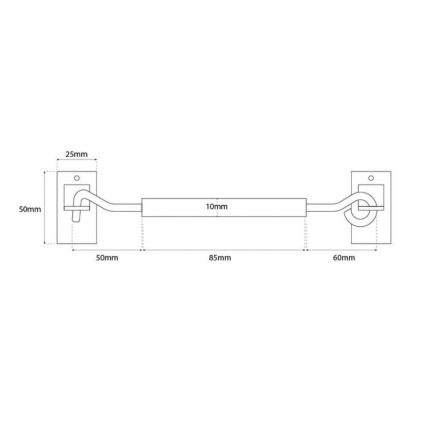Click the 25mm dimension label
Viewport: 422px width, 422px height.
pos(76,154)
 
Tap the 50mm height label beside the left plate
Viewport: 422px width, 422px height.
pos(30,209)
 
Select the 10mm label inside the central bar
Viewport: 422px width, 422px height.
pos(217,207)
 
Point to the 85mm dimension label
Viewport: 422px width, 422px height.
pos(220,258)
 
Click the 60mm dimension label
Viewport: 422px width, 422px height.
pos(344,258)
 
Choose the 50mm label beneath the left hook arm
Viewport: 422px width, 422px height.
pos(107,258)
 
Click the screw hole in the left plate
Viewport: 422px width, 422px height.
pos(77,178)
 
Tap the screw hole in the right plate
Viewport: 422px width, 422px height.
pos(371,178)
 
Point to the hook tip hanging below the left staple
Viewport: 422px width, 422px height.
pos(76,216)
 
